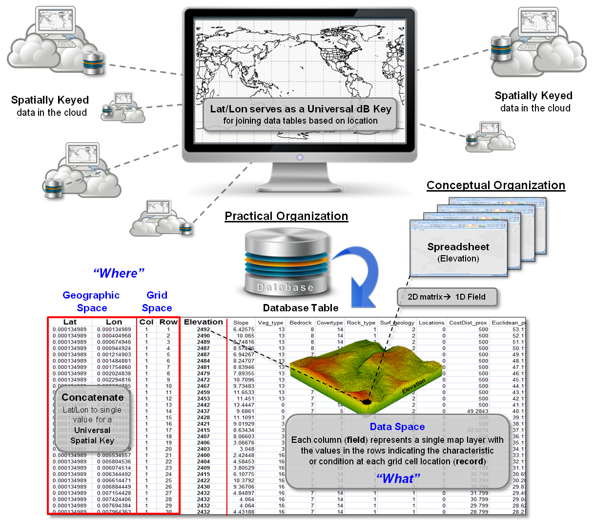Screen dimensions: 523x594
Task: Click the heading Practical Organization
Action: [x=286, y=216]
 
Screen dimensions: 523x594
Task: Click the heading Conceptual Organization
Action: [x=495, y=185]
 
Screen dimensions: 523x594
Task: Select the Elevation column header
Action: [x=203, y=322]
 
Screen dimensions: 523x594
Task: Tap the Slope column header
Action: [x=241, y=323]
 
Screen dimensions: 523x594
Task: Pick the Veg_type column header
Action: [x=270, y=323]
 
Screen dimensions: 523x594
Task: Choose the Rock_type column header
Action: [x=361, y=323]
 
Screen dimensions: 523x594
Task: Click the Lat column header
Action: [x=70, y=322]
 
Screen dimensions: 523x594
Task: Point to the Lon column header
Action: [x=114, y=322]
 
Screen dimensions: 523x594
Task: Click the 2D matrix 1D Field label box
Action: [x=446, y=297]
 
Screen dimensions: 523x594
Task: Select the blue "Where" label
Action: [x=119, y=273]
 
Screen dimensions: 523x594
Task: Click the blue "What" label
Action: [x=398, y=479]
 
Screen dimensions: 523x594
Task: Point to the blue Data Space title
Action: [x=397, y=427]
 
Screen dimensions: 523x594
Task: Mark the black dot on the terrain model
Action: [x=366, y=402]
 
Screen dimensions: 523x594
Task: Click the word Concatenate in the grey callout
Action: [x=92, y=397]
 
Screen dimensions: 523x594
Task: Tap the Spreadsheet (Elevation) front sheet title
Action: [x=458, y=247]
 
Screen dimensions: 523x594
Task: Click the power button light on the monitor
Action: [x=300, y=157]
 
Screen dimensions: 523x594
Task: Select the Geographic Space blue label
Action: [x=91, y=302]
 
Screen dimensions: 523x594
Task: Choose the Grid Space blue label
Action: [x=157, y=302]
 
